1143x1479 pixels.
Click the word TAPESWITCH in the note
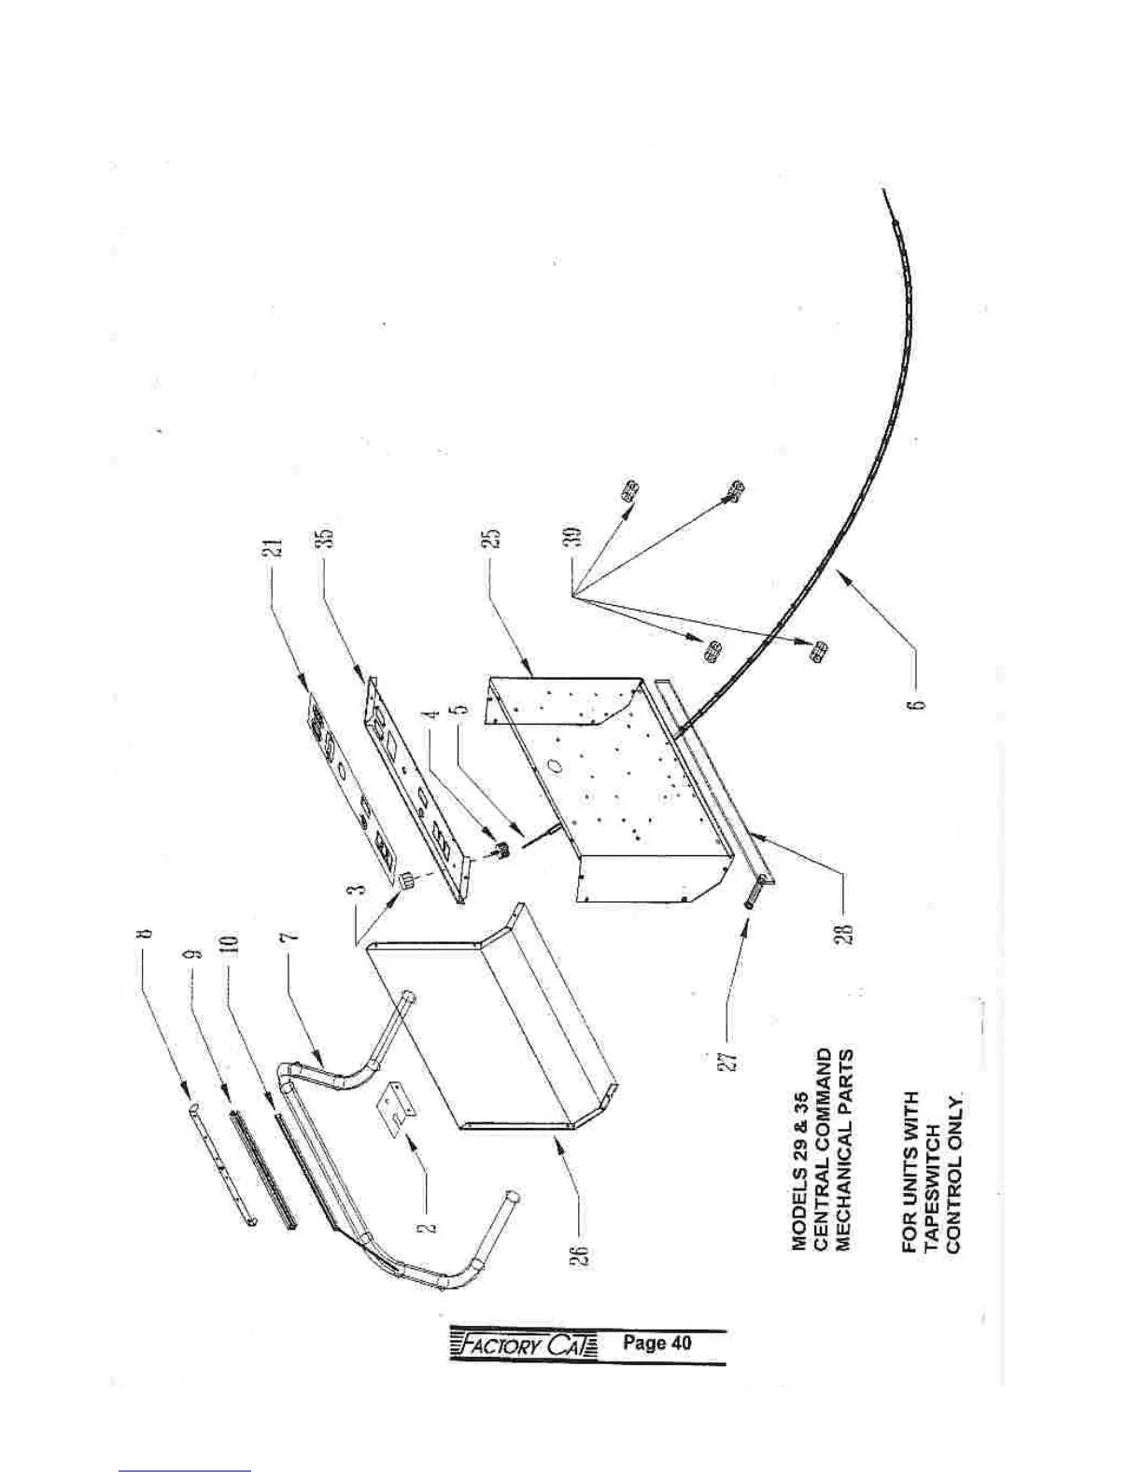[931, 1168]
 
